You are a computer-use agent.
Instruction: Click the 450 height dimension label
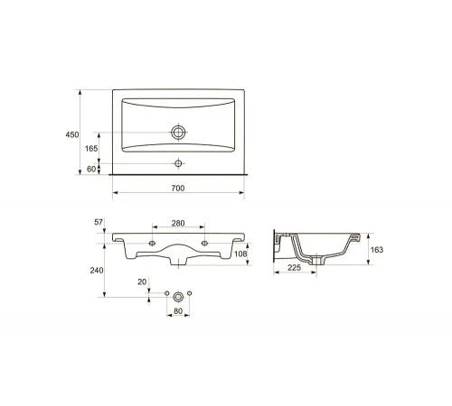(72, 134)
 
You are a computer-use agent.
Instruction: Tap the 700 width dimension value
(178, 189)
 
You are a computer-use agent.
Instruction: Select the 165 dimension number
(91, 148)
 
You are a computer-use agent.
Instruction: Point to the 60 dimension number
(91, 169)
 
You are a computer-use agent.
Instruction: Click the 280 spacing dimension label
(178, 223)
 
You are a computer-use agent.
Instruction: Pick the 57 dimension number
(99, 222)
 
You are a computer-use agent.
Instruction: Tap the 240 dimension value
(97, 271)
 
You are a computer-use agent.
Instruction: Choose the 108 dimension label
(240, 254)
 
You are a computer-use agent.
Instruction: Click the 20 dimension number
(142, 281)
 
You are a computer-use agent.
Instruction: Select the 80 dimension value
(178, 311)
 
